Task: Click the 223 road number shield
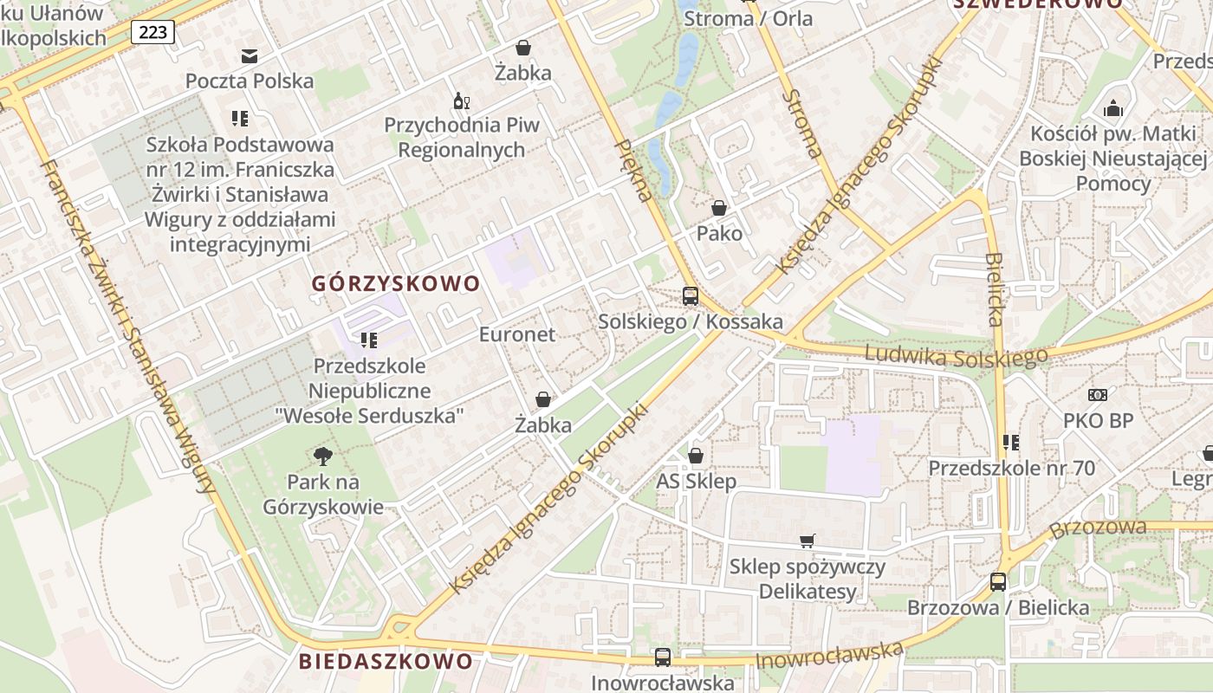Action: (x=153, y=33)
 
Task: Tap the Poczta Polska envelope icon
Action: (x=250, y=57)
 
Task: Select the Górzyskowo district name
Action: (x=395, y=283)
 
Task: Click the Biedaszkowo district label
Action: (x=386, y=661)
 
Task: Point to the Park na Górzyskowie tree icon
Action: (x=323, y=456)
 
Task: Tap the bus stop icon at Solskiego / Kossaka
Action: (x=691, y=295)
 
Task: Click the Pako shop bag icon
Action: (x=719, y=208)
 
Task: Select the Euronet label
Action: (x=517, y=334)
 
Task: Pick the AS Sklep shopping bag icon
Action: (x=696, y=456)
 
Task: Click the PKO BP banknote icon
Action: (x=1098, y=395)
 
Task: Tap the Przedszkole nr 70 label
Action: (x=1011, y=469)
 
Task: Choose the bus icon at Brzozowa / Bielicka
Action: (x=998, y=581)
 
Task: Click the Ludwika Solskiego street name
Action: (x=956, y=354)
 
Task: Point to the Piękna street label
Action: (x=633, y=169)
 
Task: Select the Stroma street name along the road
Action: (x=802, y=123)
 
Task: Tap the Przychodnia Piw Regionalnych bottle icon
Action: (x=461, y=101)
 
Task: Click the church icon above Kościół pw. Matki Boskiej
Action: (x=1113, y=108)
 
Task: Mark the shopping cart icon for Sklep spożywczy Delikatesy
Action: (x=808, y=541)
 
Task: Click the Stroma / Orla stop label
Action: (x=746, y=18)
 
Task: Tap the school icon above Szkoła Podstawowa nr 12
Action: (x=240, y=119)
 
